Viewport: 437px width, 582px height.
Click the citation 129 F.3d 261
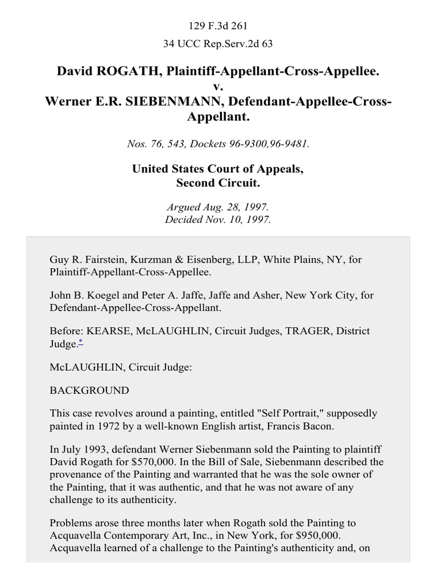click(x=218, y=26)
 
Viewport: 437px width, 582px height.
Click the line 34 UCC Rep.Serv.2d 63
click(x=218, y=44)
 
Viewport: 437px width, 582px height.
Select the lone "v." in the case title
click(x=218, y=86)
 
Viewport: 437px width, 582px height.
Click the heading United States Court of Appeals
click(x=218, y=169)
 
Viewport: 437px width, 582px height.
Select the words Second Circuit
click(x=218, y=184)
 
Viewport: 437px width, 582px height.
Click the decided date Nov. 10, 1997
click(x=239, y=220)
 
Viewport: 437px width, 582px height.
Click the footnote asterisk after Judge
click(x=79, y=343)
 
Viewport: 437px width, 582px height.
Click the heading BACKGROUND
click(x=89, y=390)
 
